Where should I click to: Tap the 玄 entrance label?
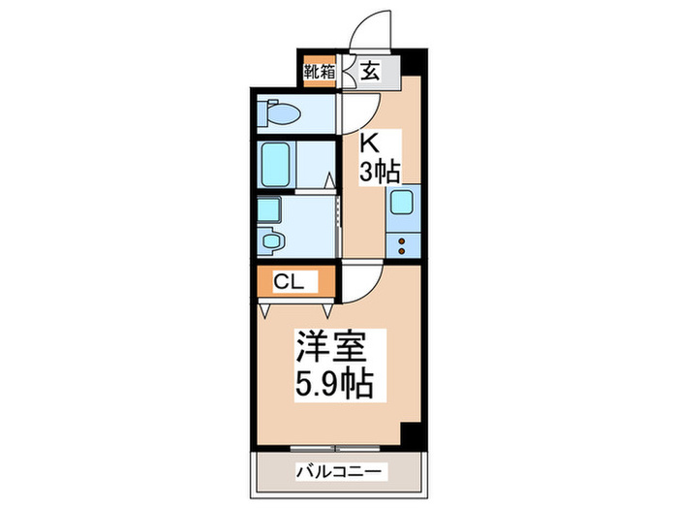click(x=370, y=71)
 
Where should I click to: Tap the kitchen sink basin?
click(x=402, y=204)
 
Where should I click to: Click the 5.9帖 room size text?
click(x=332, y=384)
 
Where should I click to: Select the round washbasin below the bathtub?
click(x=272, y=241)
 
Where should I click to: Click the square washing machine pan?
click(x=270, y=209)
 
